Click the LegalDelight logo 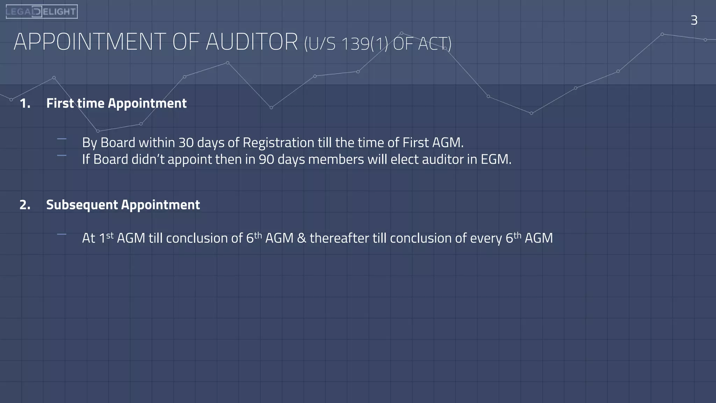pyautogui.click(x=42, y=12)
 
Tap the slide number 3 pyautogui.click(x=694, y=20)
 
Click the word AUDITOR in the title pyautogui.click(x=252, y=42)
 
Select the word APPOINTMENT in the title pyautogui.click(x=89, y=42)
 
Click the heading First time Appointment pyautogui.click(x=116, y=103)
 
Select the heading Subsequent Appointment pyautogui.click(x=123, y=205)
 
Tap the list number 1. pyautogui.click(x=25, y=103)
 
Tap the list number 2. pyautogui.click(x=25, y=205)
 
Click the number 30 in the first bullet pyautogui.click(x=186, y=143)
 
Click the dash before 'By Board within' pyautogui.click(x=62, y=139)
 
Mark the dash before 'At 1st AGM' pyautogui.click(x=62, y=234)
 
